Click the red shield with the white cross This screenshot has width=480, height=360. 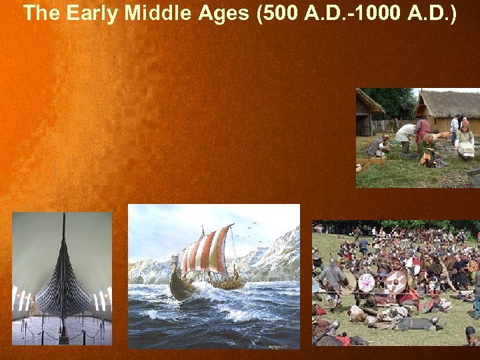pos(397,281)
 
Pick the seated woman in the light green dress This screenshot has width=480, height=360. pos(465,140)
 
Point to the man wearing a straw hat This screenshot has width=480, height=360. pos(464,123)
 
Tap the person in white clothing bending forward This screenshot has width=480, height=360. pos(405,133)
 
